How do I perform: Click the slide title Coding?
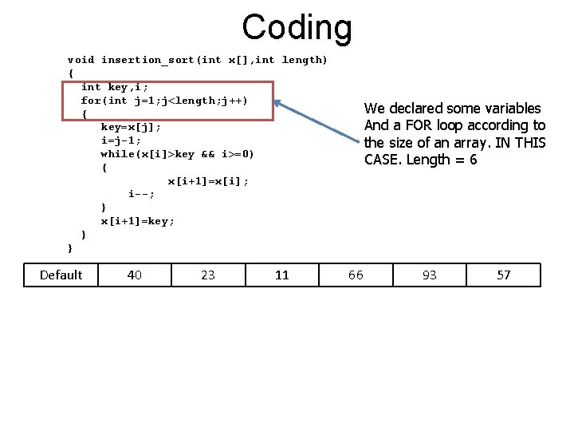click(297, 27)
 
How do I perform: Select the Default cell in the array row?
click(61, 275)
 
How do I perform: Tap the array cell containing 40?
click(135, 275)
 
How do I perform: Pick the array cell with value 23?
click(208, 275)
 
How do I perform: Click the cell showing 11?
click(281, 275)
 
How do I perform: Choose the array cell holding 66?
click(356, 275)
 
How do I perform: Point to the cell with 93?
click(430, 275)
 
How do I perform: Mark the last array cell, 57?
click(504, 275)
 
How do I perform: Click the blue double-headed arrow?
click(318, 123)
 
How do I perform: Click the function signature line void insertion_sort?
click(197, 60)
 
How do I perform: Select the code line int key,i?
click(115, 87)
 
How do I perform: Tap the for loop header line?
click(164, 101)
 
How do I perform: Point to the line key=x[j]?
click(131, 127)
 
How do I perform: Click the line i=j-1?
click(121, 140)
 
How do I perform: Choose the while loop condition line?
click(177, 154)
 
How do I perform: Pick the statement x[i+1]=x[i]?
click(208, 181)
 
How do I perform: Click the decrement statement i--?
click(141, 194)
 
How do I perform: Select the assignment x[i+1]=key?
click(137, 221)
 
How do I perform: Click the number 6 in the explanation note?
click(473, 159)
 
